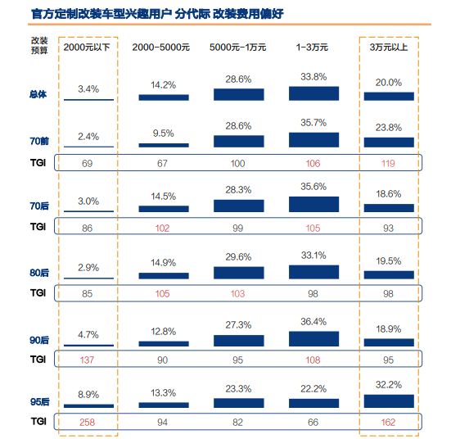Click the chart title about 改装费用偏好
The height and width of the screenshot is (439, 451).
[157, 14]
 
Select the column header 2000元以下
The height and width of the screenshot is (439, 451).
[87, 48]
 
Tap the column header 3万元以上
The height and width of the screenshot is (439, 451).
[389, 48]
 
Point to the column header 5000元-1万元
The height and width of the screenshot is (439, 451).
[237, 48]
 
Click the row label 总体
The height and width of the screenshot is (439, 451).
[38, 94]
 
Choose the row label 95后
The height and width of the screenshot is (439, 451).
[39, 401]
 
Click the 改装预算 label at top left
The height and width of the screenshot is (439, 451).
[39, 45]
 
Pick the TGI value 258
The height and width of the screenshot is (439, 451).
[87, 423]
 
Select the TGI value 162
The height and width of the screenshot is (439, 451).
[388, 423]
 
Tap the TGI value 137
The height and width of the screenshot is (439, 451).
[87, 360]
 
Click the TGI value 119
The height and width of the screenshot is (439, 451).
[388, 164]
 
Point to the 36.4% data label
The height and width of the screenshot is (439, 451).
[313, 322]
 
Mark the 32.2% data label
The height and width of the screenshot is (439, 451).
[389, 385]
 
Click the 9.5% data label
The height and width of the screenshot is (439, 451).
[164, 134]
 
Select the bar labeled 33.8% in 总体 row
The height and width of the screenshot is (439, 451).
[313, 93]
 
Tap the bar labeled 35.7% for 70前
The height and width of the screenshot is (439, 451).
[313, 140]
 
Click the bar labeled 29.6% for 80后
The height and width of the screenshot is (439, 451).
[239, 273]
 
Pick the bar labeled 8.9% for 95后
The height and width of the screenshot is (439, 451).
[88, 406]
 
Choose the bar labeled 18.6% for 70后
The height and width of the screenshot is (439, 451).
[389, 208]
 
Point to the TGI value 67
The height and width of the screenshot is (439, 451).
[162, 164]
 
